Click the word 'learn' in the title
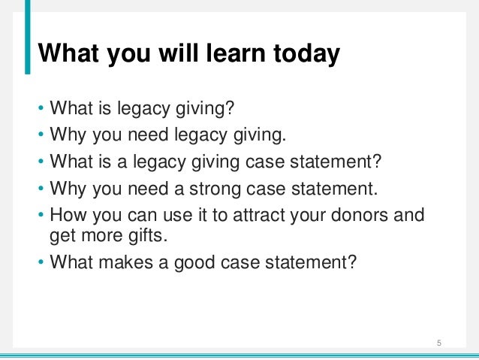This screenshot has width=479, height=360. click(219, 54)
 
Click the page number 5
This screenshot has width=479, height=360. click(439, 344)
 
